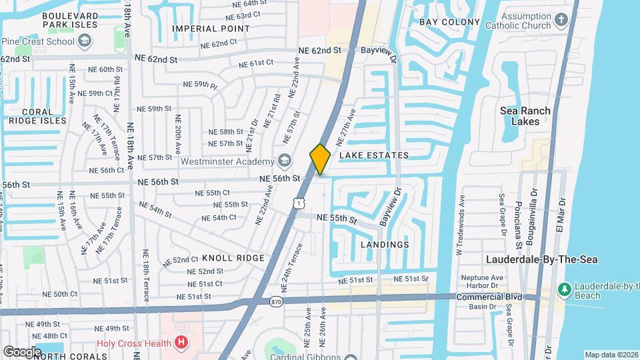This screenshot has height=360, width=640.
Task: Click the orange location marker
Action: [320, 159]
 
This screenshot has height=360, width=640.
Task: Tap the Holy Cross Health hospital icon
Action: [180, 343]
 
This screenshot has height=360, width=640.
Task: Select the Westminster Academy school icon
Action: [285, 161]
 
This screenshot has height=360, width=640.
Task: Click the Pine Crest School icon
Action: [85, 41]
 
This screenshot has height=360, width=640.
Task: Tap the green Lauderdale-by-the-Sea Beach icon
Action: [564, 289]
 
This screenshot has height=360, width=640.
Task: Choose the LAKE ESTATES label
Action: [374, 155]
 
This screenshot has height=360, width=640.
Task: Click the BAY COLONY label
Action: [450, 22]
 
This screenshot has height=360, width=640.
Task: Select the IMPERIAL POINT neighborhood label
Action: [211, 29]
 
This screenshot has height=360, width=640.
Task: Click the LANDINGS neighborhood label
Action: [385, 245]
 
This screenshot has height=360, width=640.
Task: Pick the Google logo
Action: [23, 351]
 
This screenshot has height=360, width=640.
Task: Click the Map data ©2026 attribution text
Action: [611, 355]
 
